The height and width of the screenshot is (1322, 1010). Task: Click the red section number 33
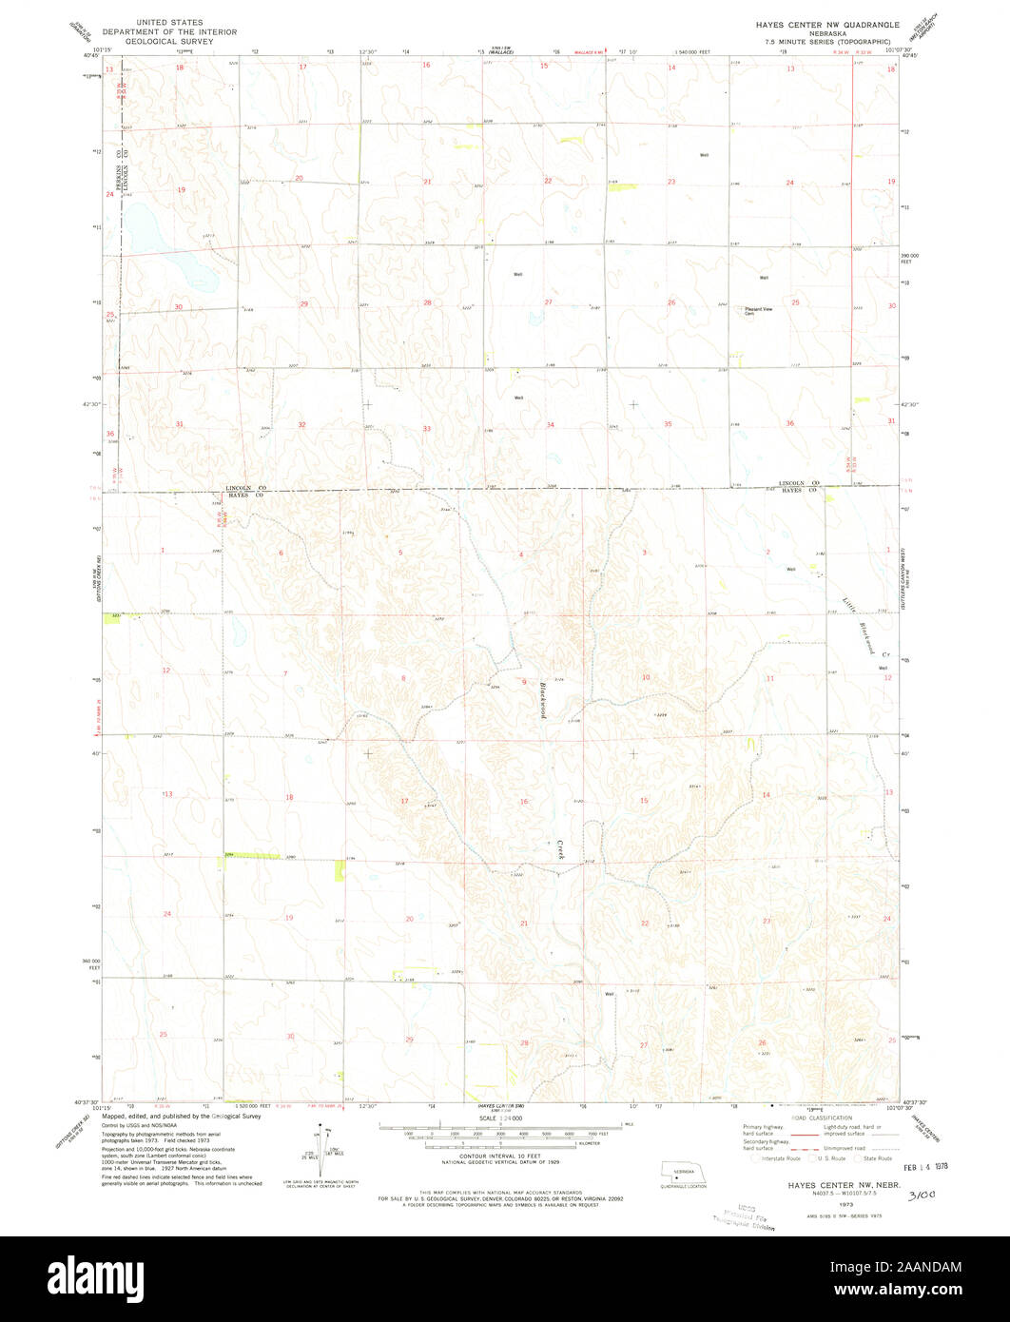(427, 429)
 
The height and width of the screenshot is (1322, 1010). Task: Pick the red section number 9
(524, 682)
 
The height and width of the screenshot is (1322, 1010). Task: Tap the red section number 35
(669, 423)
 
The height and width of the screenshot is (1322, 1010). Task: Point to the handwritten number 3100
(923, 1194)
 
